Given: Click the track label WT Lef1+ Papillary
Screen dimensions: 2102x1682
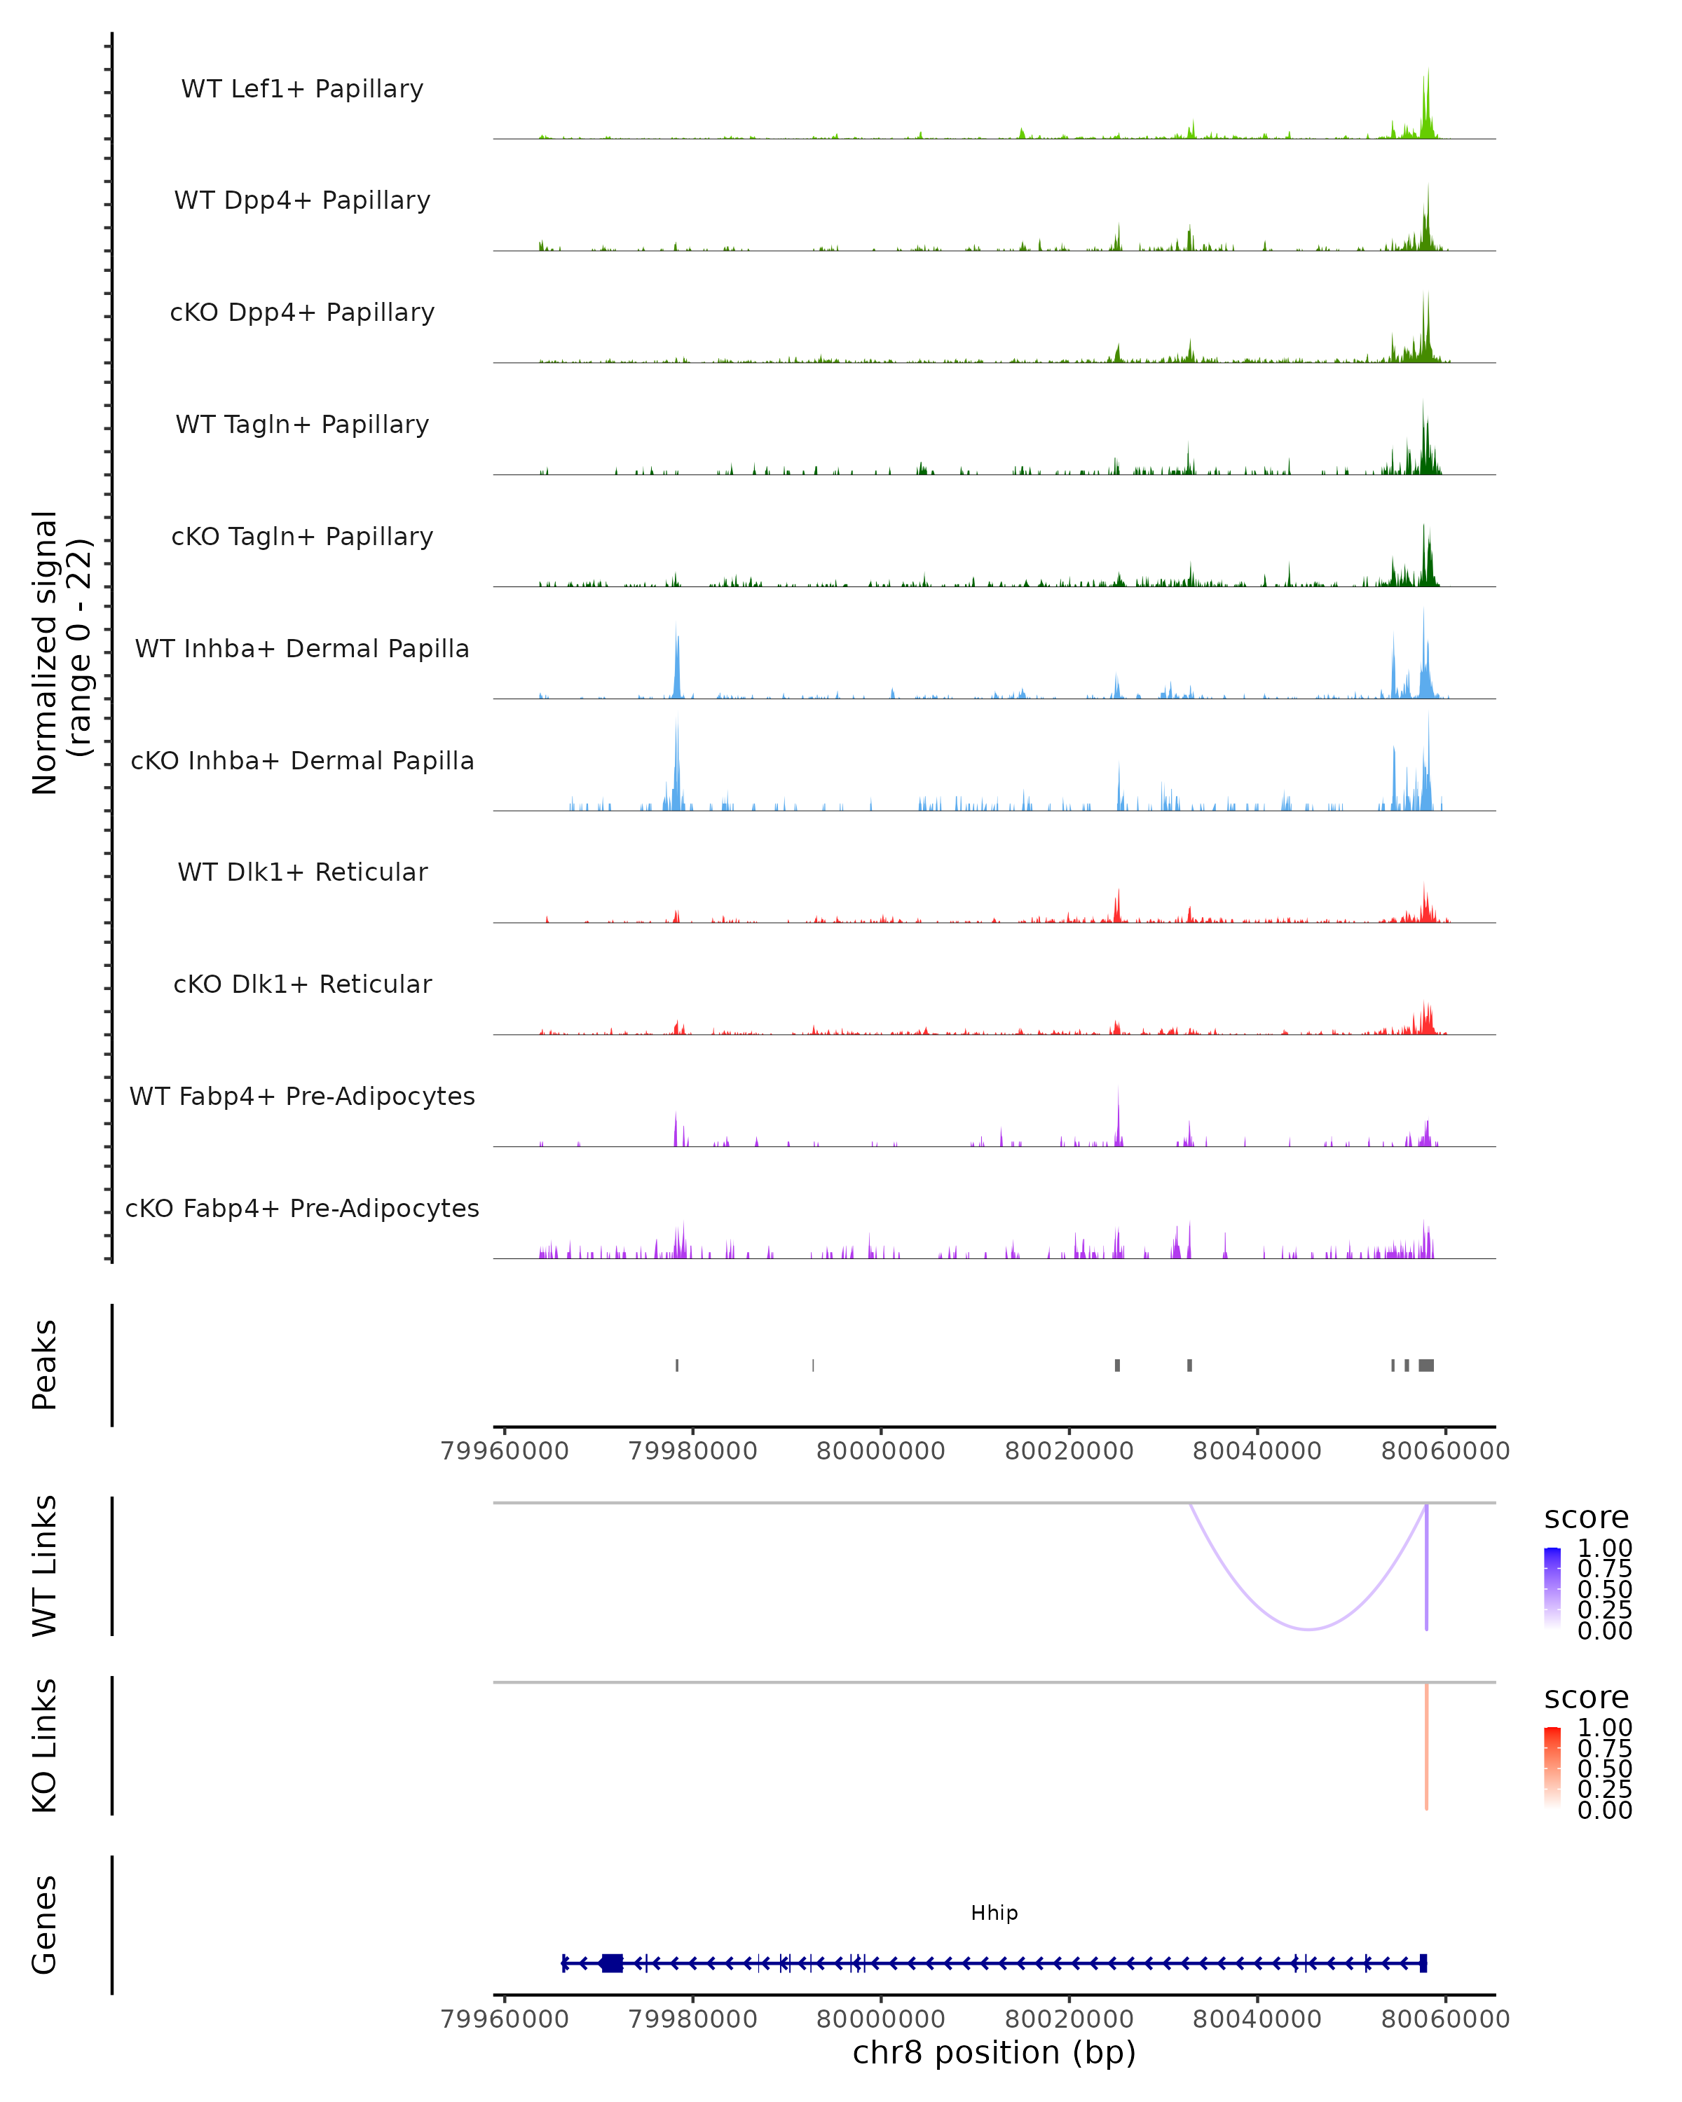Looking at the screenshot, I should point(302,89).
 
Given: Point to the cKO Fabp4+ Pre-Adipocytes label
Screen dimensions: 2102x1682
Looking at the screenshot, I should point(302,1208).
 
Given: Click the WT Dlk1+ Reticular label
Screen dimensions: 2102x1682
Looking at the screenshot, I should point(302,872).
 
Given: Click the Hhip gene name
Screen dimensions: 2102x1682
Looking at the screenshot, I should point(994,1913).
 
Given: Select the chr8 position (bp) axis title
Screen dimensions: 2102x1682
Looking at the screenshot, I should point(994,2053).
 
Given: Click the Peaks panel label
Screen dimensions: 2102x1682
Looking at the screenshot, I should point(45,1364).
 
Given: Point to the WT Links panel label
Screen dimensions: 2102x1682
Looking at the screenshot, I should point(45,1566).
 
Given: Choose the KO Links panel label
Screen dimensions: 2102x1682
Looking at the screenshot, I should point(45,1745).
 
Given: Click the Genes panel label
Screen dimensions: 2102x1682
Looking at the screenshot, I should point(45,1925).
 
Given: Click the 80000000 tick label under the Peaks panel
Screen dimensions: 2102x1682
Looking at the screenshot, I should point(880,1451).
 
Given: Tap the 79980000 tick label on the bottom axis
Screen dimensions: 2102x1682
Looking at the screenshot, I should point(692,2020).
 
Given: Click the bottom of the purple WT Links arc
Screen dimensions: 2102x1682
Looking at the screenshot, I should point(1308,1628).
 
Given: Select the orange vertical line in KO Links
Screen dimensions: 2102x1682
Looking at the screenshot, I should point(1425,1745).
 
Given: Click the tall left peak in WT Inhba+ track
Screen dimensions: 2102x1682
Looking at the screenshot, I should point(677,663).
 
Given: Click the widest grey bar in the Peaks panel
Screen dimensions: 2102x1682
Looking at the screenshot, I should point(1425,1365).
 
